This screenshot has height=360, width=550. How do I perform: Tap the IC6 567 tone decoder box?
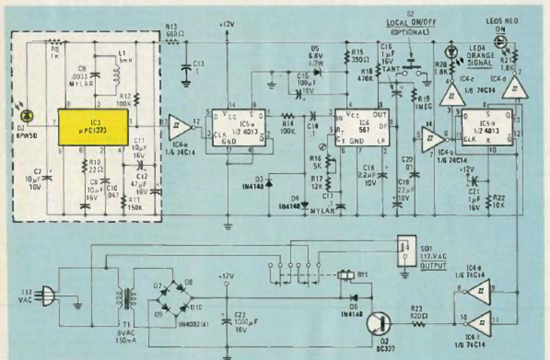[x=361, y=127]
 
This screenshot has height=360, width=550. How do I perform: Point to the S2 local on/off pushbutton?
[x=409, y=66]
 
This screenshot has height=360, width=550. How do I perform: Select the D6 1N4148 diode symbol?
[x=355, y=297]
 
